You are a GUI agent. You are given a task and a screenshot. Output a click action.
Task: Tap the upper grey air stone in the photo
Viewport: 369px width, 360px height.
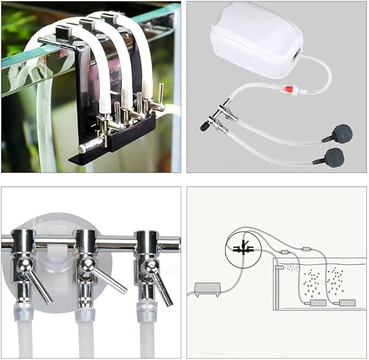343,133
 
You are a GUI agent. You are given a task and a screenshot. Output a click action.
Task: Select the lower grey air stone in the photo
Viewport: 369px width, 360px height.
334,158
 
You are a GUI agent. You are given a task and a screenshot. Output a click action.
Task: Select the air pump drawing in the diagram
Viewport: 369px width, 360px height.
207,288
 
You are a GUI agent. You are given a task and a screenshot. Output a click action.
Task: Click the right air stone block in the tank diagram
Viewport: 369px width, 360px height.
347,302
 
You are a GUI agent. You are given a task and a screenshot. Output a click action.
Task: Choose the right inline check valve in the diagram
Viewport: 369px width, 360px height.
305,249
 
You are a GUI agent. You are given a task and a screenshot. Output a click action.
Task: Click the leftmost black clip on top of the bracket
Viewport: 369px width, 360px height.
61,31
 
